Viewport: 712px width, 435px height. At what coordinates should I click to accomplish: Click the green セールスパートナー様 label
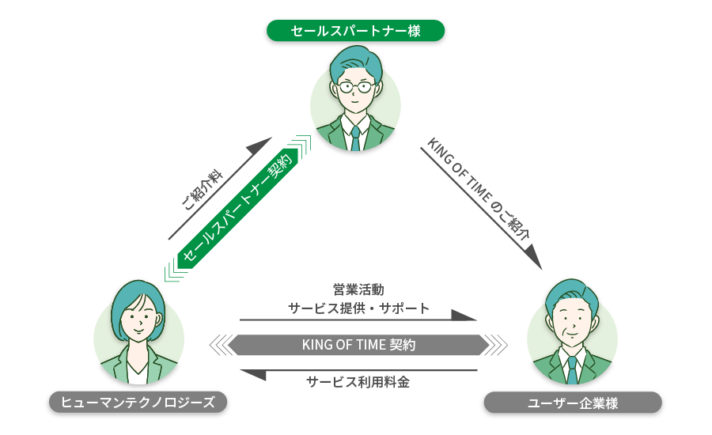(x=355, y=31)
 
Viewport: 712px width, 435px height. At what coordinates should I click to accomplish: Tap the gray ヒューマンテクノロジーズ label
(x=138, y=402)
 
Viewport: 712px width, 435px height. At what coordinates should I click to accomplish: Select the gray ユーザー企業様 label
(x=572, y=403)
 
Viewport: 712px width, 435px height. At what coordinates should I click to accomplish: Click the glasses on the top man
(x=355, y=87)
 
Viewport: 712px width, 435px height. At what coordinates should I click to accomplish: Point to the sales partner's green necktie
(x=355, y=138)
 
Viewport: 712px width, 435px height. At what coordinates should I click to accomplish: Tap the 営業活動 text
(x=358, y=289)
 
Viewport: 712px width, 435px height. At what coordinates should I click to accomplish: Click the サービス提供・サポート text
(x=358, y=308)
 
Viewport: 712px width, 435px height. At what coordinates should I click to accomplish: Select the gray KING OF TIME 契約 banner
(x=358, y=345)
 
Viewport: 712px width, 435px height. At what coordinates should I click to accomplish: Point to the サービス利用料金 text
(x=358, y=381)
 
